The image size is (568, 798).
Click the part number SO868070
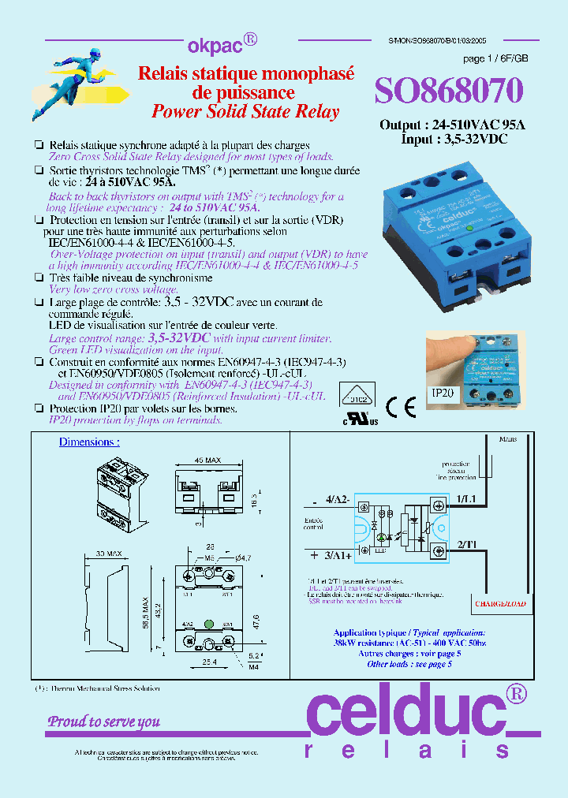click(x=449, y=91)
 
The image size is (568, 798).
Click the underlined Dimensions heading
click(x=89, y=442)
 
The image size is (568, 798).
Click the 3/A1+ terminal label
click(x=332, y=555)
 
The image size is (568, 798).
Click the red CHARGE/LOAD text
click(x=500, y=605)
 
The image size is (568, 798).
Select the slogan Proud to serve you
click(x=104, y=722)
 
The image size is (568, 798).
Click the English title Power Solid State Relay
click(x=245, y=111)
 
